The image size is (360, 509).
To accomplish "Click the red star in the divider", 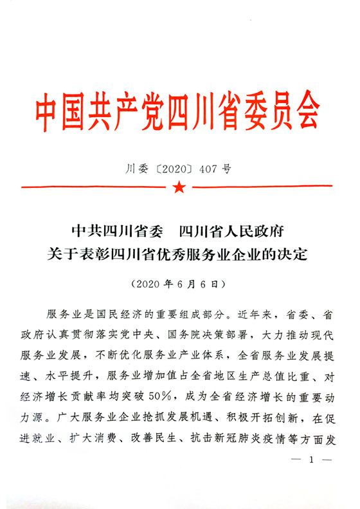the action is (x=179, y=188).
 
